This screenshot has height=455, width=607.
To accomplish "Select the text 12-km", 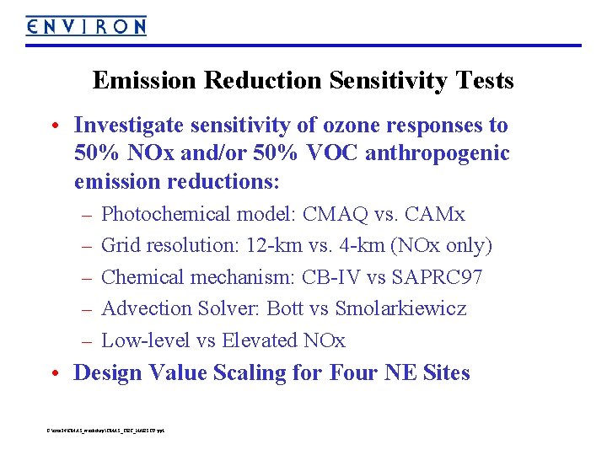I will tap(275, 246).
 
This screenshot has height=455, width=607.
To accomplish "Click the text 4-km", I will tap(365, 246).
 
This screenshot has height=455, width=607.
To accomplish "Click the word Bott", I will tap(284, 308).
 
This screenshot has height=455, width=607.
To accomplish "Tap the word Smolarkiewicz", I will tap(400, 308).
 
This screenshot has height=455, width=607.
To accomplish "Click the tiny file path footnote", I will tap(106, 431).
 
